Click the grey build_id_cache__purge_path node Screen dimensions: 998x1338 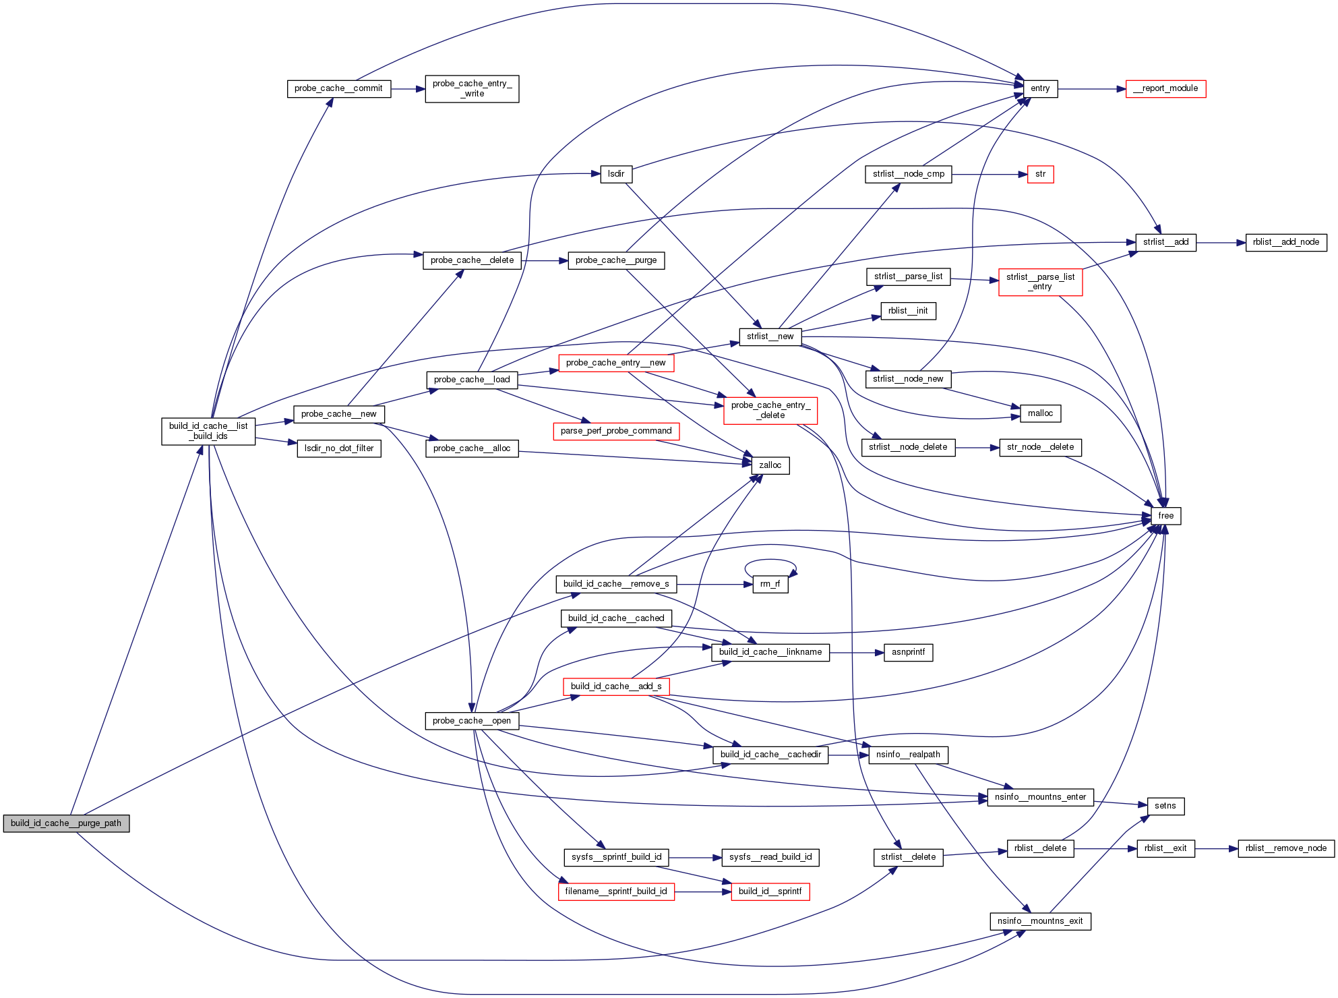(66, 823)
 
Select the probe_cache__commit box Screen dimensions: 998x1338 (338, 88)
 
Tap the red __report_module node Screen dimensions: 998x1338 (1165, 88)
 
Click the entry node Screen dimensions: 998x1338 (1040, 88)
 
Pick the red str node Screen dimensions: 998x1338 (1040, 174)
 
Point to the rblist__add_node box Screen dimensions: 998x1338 (1285, 242)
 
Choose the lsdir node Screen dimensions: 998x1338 (616, 174)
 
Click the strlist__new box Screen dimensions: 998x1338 (770, 336)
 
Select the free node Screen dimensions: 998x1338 (1165, 516)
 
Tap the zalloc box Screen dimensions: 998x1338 (770, 465)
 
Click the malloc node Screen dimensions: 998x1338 (1040, 413)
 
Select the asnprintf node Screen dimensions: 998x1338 (908, 652)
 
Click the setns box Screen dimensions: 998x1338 (1165, 806)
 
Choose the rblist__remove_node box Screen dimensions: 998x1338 (1285, 848)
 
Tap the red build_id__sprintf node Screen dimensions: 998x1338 (770, 891)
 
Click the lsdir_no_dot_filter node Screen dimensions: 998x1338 (339, 448)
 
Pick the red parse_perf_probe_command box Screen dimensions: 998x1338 (616, 431)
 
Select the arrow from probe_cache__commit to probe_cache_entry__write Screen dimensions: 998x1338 (408, 88)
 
